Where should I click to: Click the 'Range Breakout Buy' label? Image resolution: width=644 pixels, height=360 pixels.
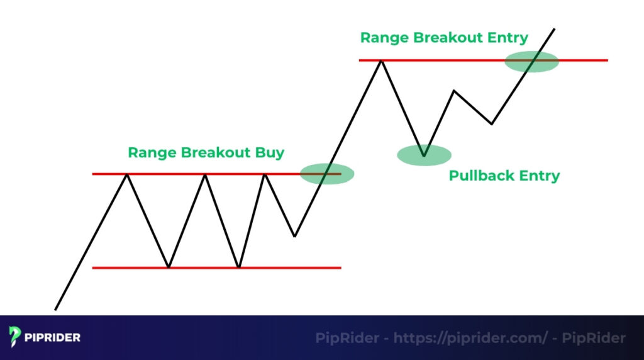pyautogui.click(x=206, y=152)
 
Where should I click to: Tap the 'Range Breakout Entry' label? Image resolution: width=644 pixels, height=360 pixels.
pyautogui.click(x=443, y=37)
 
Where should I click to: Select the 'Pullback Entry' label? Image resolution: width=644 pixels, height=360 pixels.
pyautogui.click(x=504, y=175)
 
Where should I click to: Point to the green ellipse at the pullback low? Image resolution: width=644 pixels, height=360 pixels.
pyautogui.click(x=424, y=155)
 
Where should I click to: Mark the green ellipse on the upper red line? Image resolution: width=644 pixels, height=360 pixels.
pyautogui.click(x=531, y=61)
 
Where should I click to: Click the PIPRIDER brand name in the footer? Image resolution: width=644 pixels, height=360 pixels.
pyautogui.click(x=53, y=337)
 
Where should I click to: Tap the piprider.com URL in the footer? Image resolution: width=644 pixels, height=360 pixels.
pyautogui.click(x=470, y=338)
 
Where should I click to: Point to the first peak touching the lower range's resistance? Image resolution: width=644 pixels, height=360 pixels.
pyautogui.click(x=128, y=174)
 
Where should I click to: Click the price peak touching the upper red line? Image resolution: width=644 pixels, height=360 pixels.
pyautogui.click(x=380, y=61)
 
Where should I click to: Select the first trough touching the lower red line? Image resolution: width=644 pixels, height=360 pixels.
pyautogui.click(x=169, y=267)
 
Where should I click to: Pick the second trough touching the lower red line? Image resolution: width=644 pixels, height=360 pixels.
pyautogui.click(x=239, y=267)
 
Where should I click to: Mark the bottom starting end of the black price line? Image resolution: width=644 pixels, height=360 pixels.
pyautogui.click(x=56, y=309)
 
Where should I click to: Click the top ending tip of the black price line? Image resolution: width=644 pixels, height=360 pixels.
pyautogui.click(x=554, y=29)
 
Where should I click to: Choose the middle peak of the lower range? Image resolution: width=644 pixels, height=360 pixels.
pyautogui.click(x=205, y=174)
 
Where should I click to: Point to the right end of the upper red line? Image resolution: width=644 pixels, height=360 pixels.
pyautogui.click(x=607, y=60)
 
